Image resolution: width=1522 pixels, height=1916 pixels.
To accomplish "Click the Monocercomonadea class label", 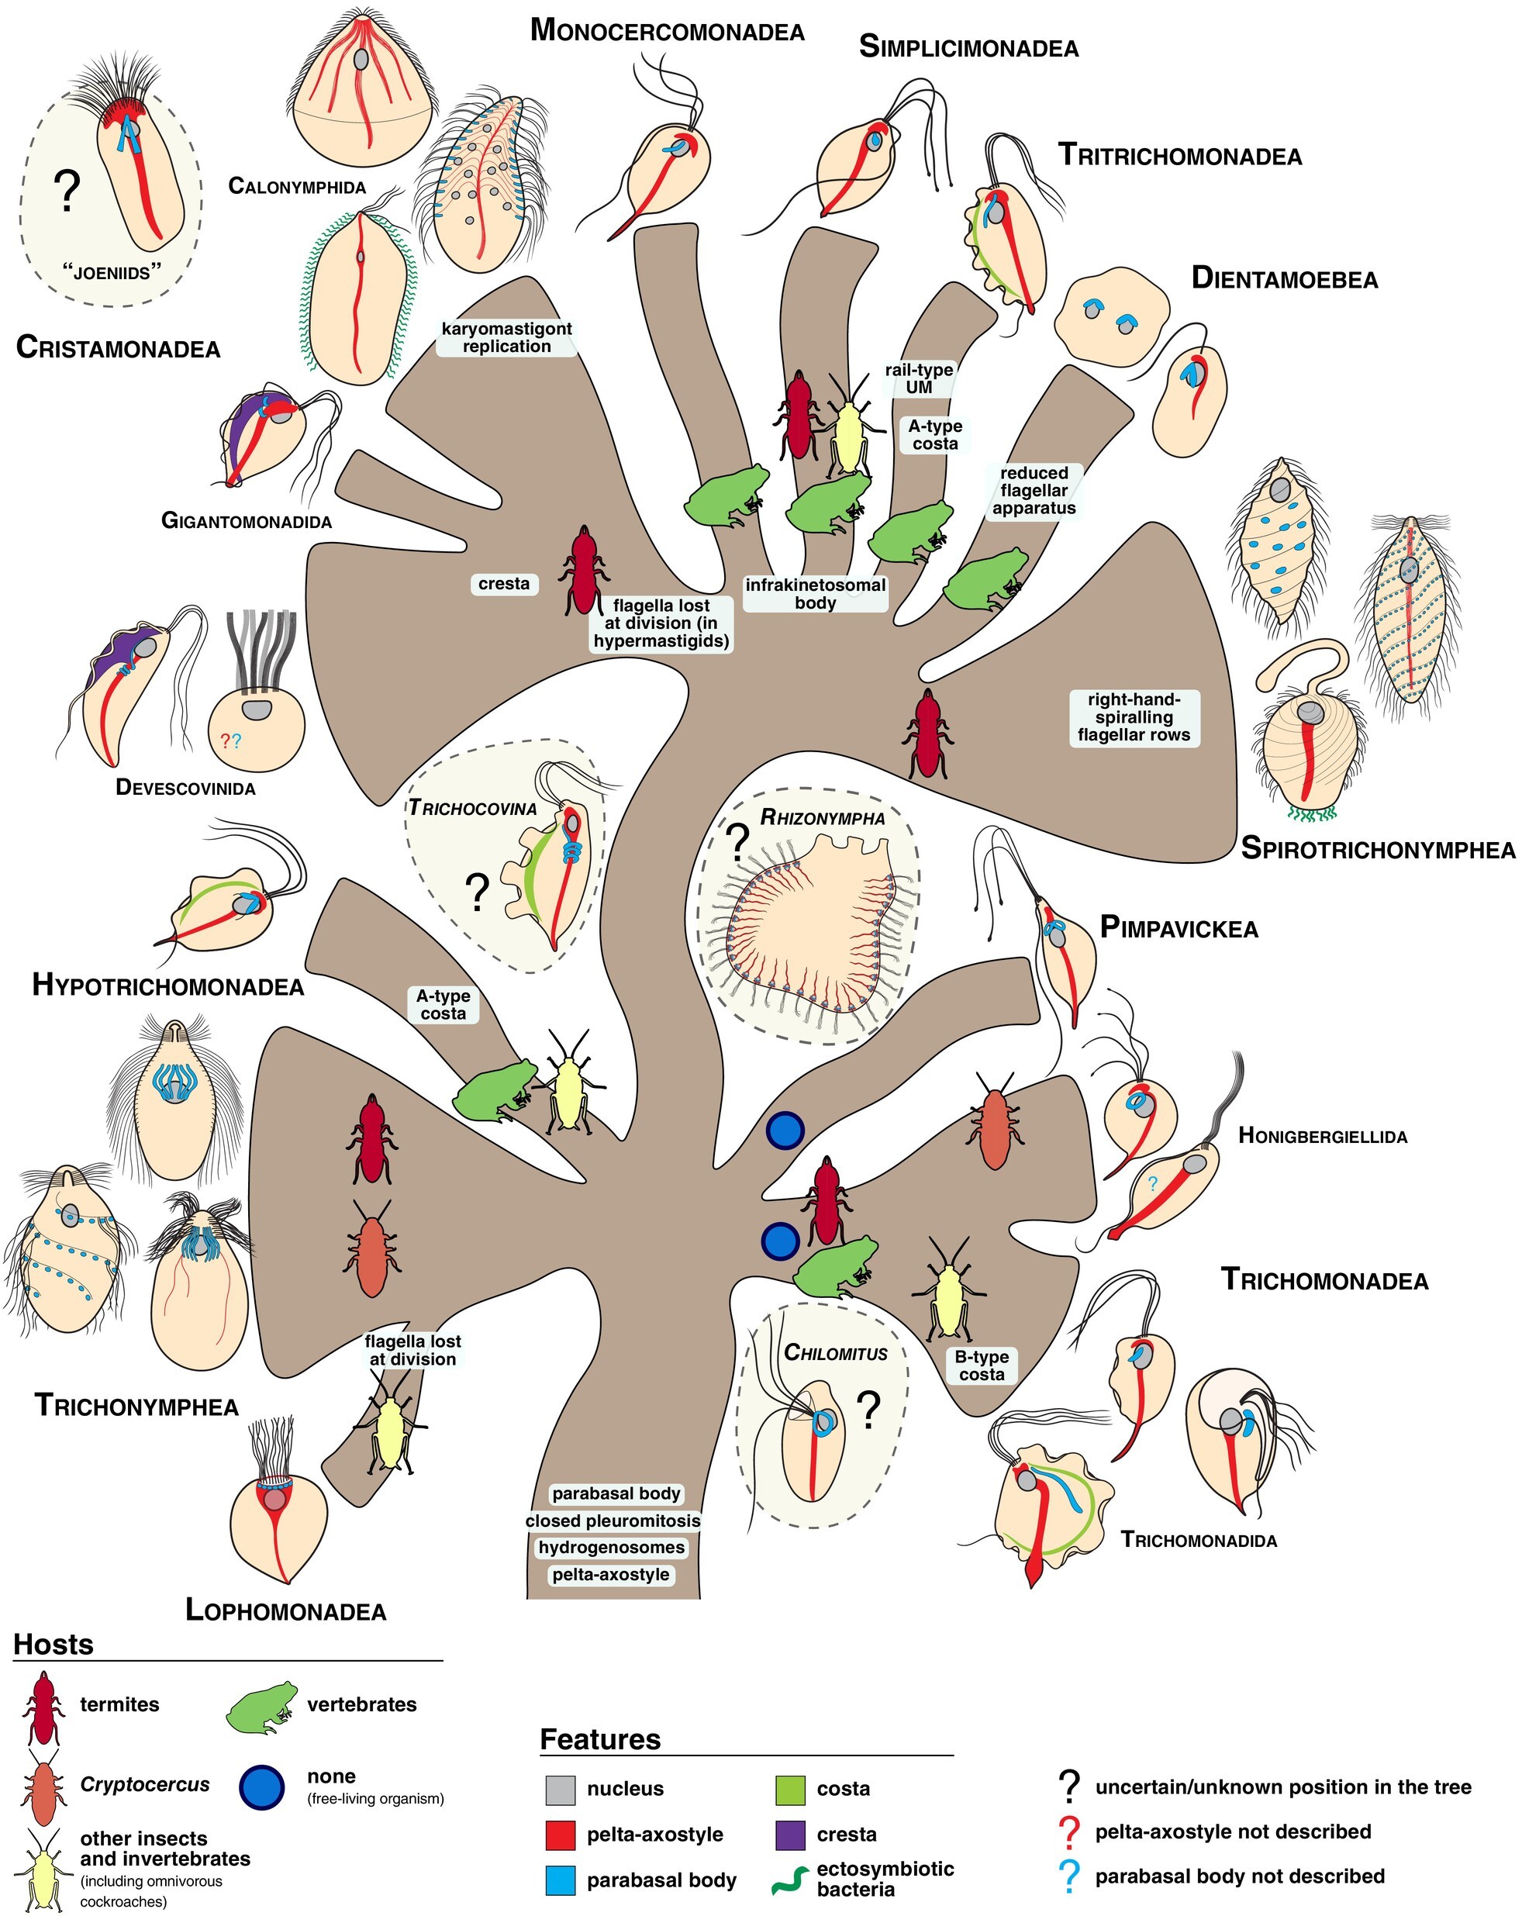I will point(668,31).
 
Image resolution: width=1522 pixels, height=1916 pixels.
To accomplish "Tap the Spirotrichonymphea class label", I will point(1377,849).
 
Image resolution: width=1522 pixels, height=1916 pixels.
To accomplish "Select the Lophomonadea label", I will point(285,1610).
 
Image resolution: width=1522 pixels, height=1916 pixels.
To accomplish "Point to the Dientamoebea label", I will point(1284,278).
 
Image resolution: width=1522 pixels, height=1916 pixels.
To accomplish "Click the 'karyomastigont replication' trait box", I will point(506,338).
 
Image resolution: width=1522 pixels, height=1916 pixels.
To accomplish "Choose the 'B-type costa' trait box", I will point(981,1365).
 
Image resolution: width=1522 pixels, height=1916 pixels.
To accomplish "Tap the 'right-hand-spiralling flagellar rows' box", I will point(1134,717).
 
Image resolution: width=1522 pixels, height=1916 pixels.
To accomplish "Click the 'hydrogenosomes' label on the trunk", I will point(611,1547).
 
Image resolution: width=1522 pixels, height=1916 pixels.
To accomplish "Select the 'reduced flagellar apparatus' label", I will point(1034,491).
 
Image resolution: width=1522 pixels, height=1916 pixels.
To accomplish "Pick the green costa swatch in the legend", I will point(790,1788).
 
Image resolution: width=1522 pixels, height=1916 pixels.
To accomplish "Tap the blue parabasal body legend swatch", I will point(561,1880).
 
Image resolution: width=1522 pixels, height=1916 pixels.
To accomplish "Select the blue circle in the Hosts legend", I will point(262,1787).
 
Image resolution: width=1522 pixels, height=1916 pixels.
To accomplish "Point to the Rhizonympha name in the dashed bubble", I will point(823,817).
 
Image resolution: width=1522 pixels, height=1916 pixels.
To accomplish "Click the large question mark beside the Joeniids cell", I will point(67,191).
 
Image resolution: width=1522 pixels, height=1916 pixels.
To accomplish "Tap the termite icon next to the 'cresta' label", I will point(582,569).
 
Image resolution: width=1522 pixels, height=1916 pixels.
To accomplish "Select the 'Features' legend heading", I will point(600,1738).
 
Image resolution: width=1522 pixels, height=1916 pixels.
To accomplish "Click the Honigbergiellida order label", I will point(1322,1136).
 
